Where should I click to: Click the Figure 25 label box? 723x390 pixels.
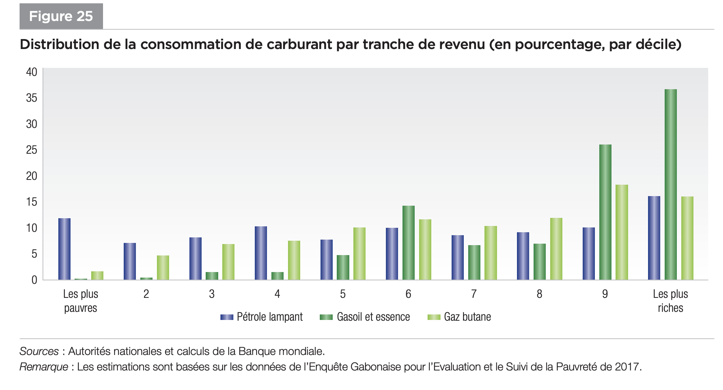pos(61,16)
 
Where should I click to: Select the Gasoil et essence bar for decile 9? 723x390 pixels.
pos(605,212)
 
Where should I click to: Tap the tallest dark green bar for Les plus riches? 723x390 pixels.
pos(671,184)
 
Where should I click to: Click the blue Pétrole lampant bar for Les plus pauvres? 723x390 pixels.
pos(64,249)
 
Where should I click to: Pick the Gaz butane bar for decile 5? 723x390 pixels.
pos(359,254)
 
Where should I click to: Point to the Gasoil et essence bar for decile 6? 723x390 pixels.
pos(408,243)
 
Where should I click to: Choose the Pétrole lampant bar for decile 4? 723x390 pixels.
pos(261,253)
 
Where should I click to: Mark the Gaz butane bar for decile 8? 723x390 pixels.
pos(556,249)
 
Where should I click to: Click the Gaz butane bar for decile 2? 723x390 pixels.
pos(163,268)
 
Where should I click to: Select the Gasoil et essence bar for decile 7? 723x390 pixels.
pos(474,262)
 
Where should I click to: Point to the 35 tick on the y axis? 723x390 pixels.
pos(32,98)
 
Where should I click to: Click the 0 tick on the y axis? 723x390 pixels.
pos(34,280)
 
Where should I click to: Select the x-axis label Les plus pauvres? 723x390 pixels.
pos(80,301)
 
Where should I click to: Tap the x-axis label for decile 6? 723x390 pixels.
pos(408,294)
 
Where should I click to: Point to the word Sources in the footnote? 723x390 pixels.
pos(39,351)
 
